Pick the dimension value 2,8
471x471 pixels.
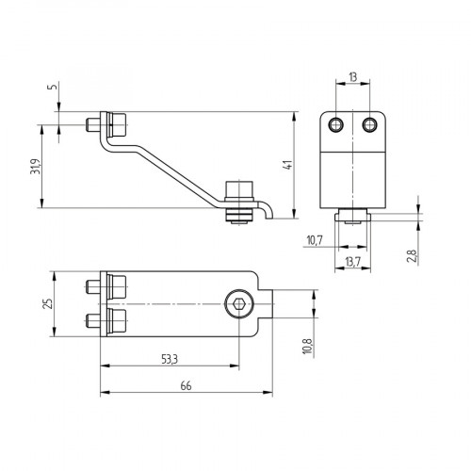(x=412, y=255)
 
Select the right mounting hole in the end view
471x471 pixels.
(x=368, y=124)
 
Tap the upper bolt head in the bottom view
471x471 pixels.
(x=117, y=286)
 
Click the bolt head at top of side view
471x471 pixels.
(x=117, y=124)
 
